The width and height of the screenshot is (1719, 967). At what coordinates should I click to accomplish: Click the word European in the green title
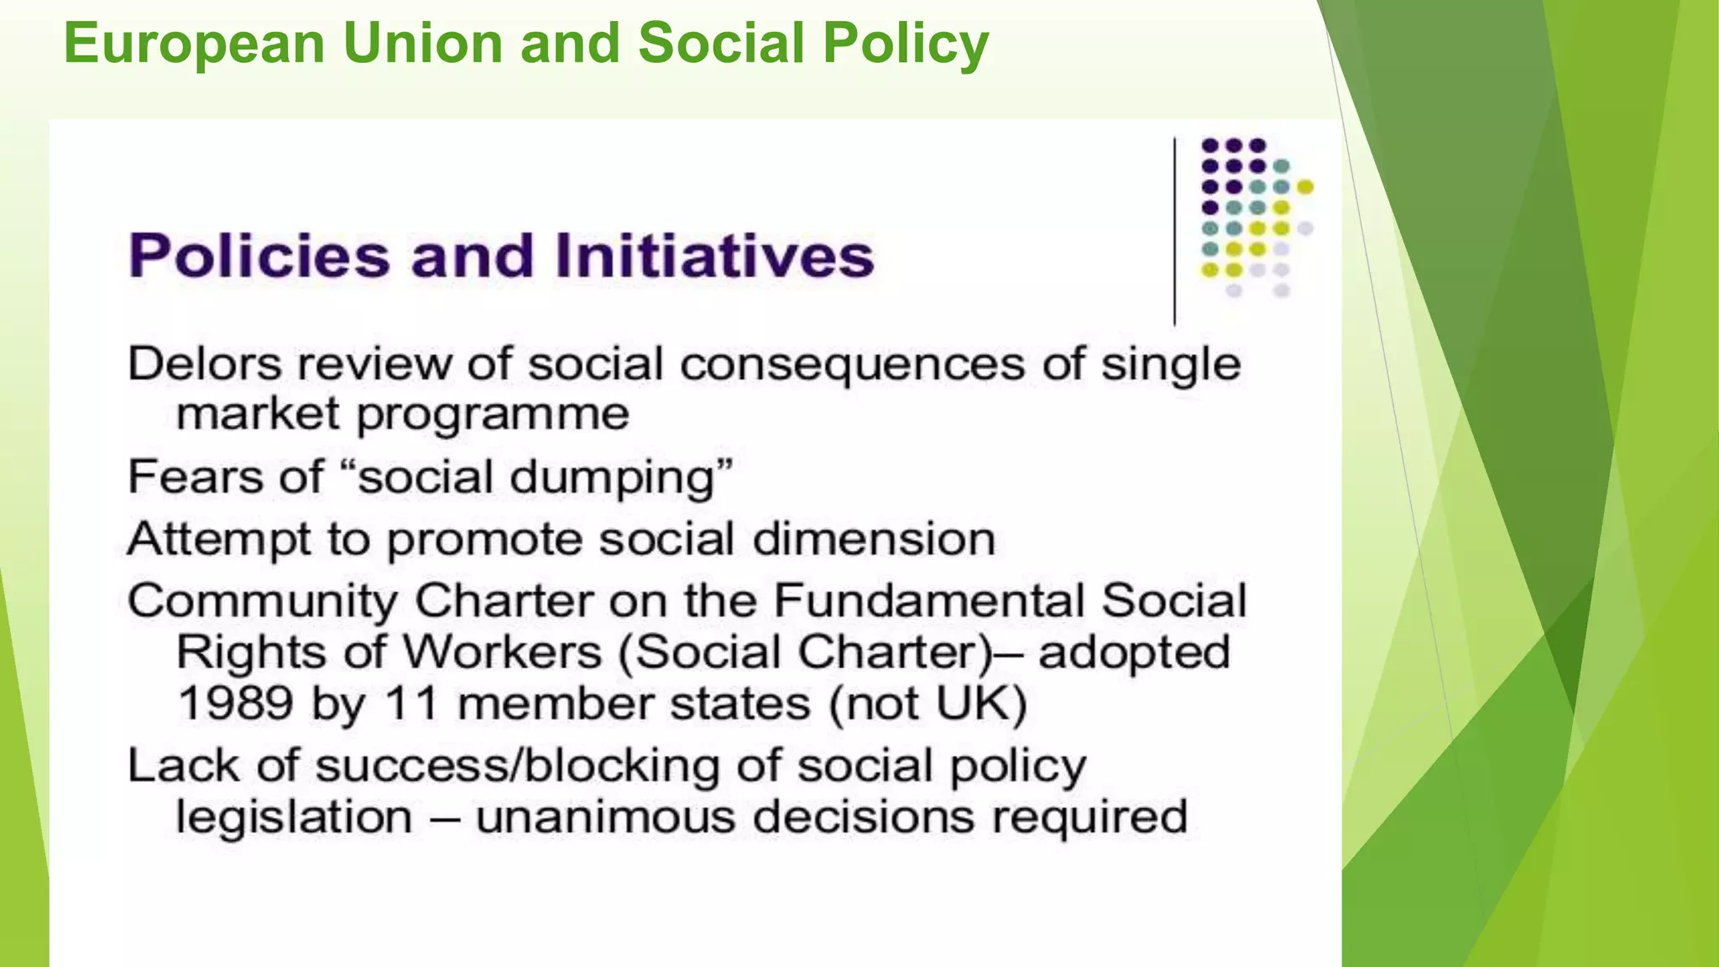[194, 44]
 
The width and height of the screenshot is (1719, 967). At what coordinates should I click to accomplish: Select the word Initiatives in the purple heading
[714, 255]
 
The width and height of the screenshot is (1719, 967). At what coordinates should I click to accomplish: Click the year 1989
[235, 703]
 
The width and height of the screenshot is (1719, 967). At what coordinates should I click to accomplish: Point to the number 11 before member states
[411, 703]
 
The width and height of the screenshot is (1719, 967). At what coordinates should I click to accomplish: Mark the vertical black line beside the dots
[1174, 231]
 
